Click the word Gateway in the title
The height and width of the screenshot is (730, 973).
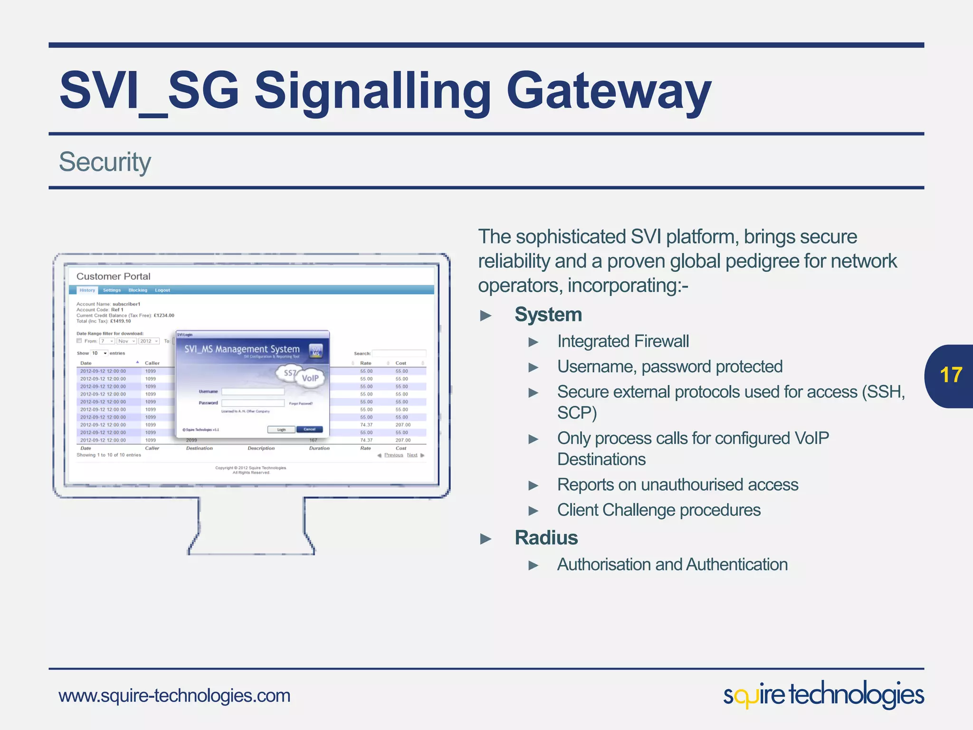[x=609, y=90]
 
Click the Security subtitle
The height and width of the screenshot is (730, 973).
[x=105, y=162]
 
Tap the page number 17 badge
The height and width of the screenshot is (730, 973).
[x=950, y=375]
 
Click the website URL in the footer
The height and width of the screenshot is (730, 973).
[x=174, y=696]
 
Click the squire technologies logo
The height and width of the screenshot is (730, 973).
[x=823, y=695]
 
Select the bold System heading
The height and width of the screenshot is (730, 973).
[x=548, y=315]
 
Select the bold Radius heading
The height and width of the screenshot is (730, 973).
[x=546, y=538]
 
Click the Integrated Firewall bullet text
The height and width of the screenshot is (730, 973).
[x=623, y=341]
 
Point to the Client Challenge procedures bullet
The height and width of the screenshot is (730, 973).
[x=658, y=510]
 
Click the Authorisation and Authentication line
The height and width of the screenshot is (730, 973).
[x=672, y=565]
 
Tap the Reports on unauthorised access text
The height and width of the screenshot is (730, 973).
[x=677, y=485]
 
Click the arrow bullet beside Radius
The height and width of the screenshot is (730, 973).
[x=486, y=538]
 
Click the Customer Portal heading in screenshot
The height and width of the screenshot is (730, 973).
[x=113, y=276]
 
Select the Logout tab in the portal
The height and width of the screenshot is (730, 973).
[x=162, y=290]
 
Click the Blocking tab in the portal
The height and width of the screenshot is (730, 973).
[x=138, y=290]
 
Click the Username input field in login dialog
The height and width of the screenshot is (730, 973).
[x=253, y=392]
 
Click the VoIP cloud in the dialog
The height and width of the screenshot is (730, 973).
[x=310, y=378]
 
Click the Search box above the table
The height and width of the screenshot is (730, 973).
[x=399, y=353]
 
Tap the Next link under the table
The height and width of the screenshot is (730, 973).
[x=412, y=455]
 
